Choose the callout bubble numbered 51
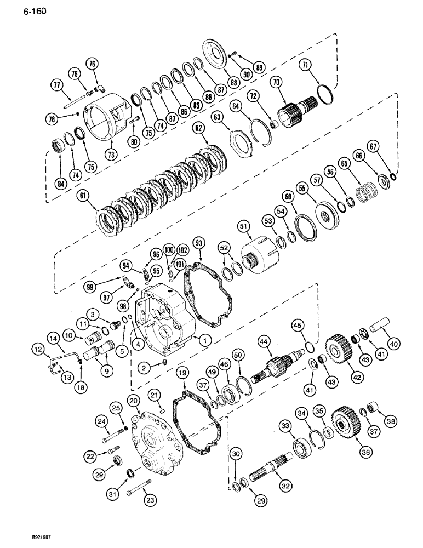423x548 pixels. point(242,224)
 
